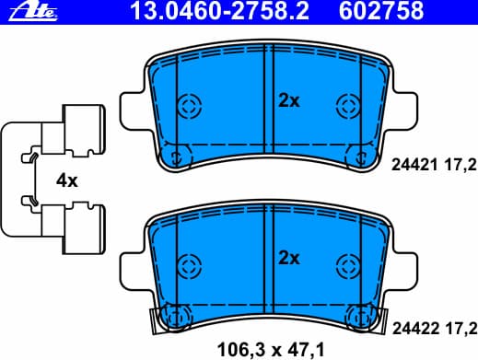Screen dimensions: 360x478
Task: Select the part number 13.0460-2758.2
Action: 197,11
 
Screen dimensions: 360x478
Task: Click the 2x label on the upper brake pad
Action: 289,101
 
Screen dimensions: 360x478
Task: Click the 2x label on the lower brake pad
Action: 289,258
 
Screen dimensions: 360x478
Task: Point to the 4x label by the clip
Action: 67,180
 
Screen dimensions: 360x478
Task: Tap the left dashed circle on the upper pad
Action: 189,105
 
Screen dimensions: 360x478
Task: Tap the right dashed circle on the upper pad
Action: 348,105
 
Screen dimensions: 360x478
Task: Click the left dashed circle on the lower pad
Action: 189,261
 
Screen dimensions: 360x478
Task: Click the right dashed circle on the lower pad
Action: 348,261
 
